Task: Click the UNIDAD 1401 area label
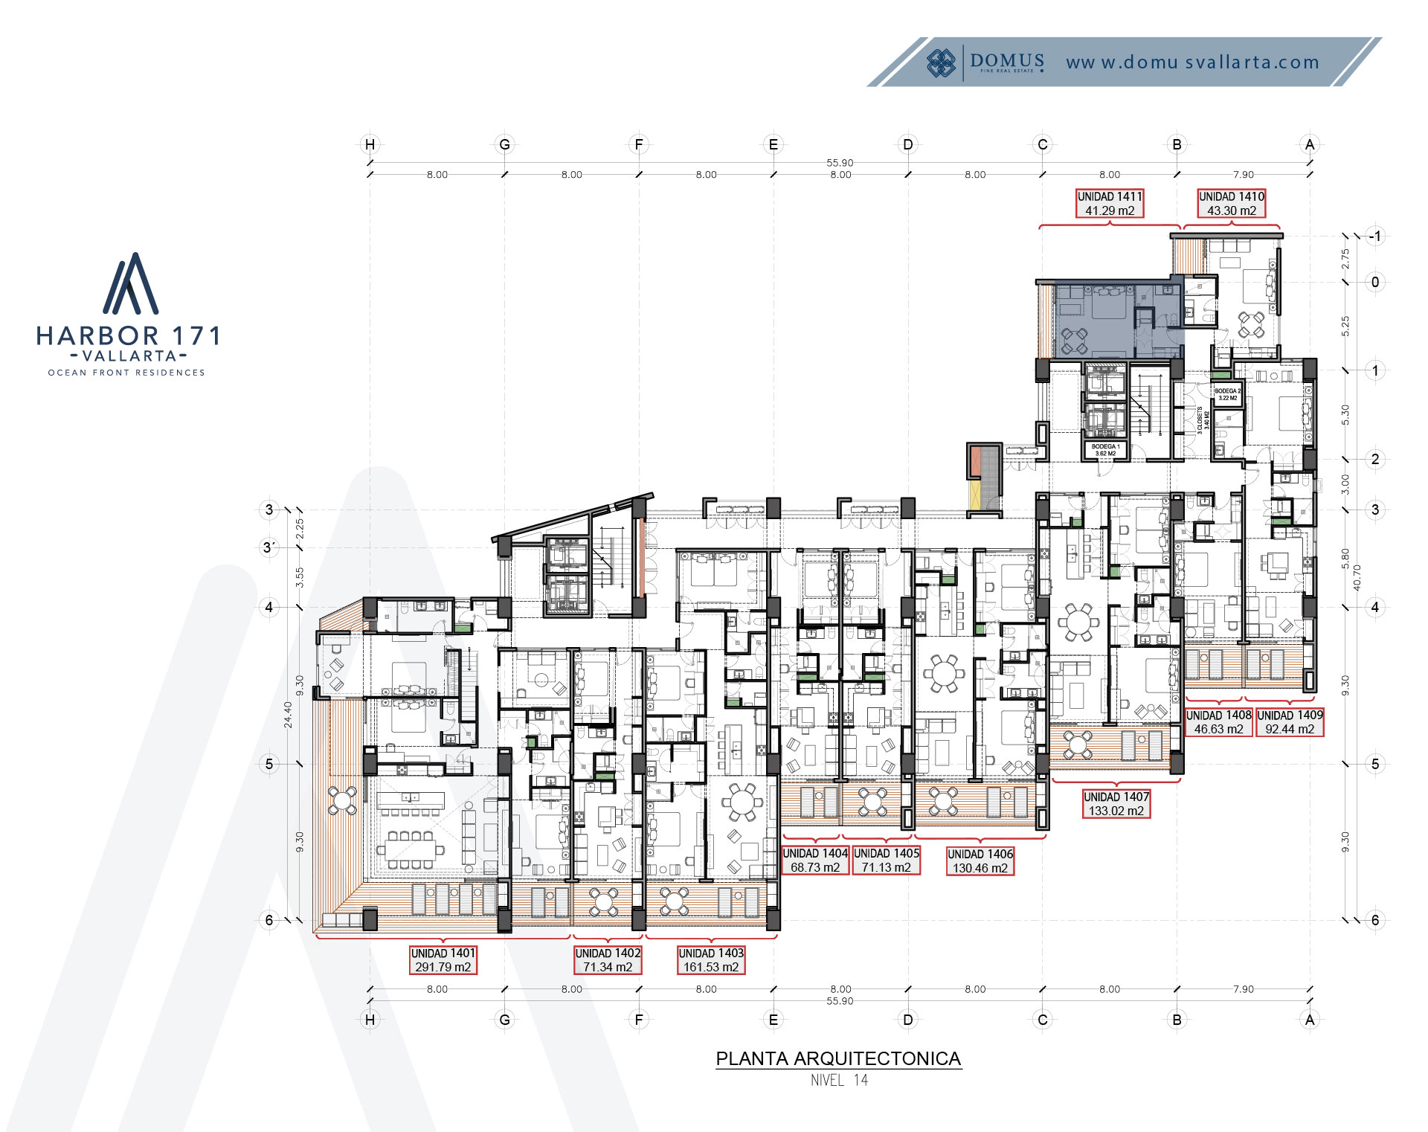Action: click(x=443, y=959)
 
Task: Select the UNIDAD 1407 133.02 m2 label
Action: click(x=1116, y=803)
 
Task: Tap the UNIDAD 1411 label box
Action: click(x=1109, y=203)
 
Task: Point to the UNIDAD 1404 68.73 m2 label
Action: click(x=814, y=860)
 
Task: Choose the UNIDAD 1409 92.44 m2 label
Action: click(x=1290, y=721)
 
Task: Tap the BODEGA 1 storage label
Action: click(x=1105, y=449)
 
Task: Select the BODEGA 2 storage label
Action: click(x=1227, y=394)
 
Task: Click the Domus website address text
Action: click(x=1192, y=62)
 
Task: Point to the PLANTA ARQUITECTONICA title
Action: click(x=838, y=1058)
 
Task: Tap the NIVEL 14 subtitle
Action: click(x=839, y=1080)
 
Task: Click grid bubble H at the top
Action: click(x=370, y=144)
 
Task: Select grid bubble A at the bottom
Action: click(x=1310, y=1019)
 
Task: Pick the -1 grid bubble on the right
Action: click(x=1374, y=237)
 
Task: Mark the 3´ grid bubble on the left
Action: click(x=268, y=547)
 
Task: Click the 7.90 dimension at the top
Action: click(x=1243, y=175)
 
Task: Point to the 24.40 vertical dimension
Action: click(x=288, y=714)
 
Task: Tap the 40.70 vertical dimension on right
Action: click(x=1357, y=577)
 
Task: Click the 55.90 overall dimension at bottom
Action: click(x=840, y=1001)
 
